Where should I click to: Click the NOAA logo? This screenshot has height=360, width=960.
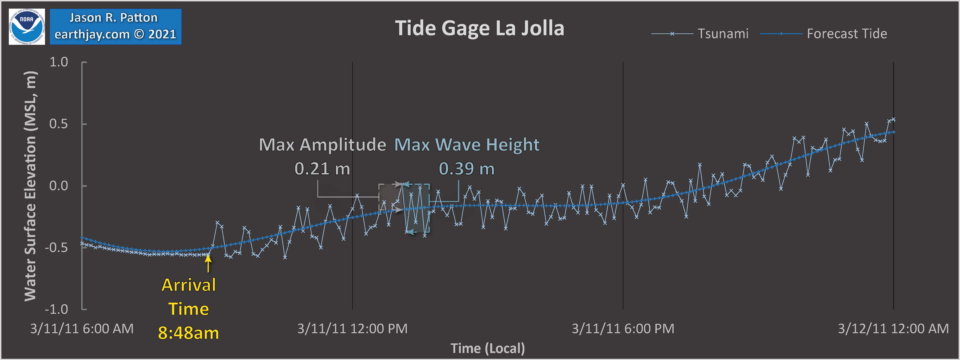click(27, 26)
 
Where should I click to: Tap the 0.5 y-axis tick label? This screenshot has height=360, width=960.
click(59, 124)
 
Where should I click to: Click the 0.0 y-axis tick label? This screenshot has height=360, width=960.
click(59, 186)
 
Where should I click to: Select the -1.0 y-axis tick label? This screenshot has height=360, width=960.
click(57, 309)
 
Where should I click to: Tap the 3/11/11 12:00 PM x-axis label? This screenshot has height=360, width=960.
click(352, 329)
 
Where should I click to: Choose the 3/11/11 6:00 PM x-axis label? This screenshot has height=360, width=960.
click(623, 329)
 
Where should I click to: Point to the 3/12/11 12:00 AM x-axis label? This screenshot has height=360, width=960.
click(893, 329)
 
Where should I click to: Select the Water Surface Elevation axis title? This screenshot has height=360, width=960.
click(31, 186)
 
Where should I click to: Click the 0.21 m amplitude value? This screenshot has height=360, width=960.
click(322, 169)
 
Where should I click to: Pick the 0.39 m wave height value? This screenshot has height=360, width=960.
click(467, 169)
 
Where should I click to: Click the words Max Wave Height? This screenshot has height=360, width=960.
click(467, 145)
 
